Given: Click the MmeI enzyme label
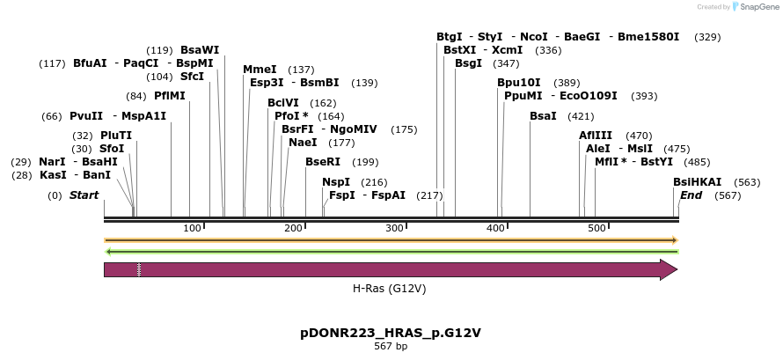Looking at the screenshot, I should (x=260, y=70).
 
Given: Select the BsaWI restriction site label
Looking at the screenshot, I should (x=200, y=50).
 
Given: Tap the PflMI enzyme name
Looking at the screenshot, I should (x=170, y=96).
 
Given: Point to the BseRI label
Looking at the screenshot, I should (x=323, y=162).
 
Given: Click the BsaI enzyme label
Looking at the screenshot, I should (x=543, y=116).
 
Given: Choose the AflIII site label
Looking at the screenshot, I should (x=596, y=136).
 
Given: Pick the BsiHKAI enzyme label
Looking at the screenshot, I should (x=698, y=181).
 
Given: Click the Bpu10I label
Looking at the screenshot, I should (x=519, y=83).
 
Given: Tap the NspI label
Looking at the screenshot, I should (x=336, y=182).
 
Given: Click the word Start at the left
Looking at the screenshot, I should (x=84, y=195).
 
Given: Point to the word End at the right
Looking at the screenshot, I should (x=692, y=195).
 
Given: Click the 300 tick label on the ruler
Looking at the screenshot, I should (x=394, y=229).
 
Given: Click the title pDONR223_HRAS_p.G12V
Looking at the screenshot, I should (x=391, y=333).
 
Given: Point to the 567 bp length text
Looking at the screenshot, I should (x=391, y=347).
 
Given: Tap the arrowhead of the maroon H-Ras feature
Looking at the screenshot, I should (x=669, y=269).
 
